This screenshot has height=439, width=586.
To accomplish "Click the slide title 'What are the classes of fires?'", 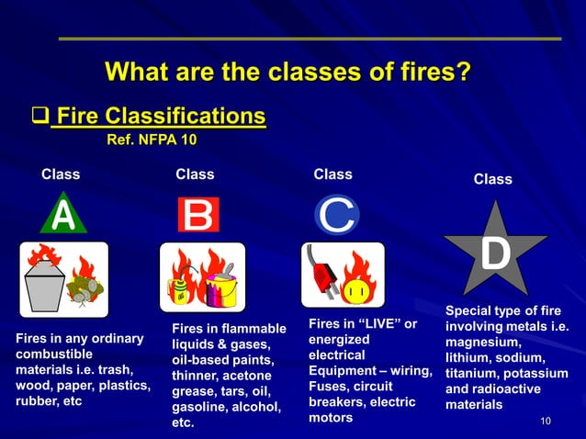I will tap(289, 71).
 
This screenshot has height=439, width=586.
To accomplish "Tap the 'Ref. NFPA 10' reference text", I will tap(152, 141).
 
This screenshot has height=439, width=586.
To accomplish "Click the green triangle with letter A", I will tap(62, 217).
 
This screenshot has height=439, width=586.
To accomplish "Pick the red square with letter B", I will tap(197, 216).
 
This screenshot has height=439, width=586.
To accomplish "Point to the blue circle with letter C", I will tap(337, 216).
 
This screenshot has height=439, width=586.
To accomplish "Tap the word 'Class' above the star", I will tap(492, 179).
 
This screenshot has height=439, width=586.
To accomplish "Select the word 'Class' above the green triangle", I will tap(61, 174).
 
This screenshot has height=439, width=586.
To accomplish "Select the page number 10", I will tap(546, 421).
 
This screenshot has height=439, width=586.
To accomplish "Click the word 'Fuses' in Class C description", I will tap(327, 386).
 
